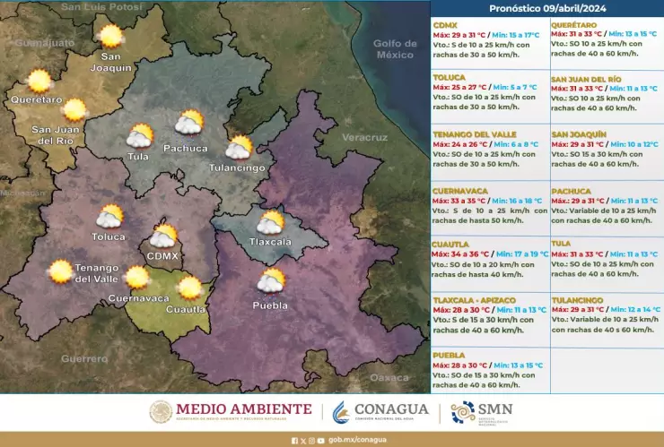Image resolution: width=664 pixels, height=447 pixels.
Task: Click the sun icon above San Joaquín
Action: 110,37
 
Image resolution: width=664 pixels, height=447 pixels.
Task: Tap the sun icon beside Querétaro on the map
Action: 39,82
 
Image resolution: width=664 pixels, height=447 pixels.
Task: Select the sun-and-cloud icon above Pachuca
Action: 188,123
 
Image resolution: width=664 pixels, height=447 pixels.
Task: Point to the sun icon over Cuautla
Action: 189,288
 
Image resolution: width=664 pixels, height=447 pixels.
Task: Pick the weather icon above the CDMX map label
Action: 163,236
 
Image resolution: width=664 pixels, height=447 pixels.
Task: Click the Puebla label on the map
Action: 270,305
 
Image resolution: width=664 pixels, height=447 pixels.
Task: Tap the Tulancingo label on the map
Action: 237,168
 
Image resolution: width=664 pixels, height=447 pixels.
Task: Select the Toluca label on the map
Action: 109,237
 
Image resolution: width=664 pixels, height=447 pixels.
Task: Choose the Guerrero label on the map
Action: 84,358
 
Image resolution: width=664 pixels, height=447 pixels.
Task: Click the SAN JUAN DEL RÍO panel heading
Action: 586,79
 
